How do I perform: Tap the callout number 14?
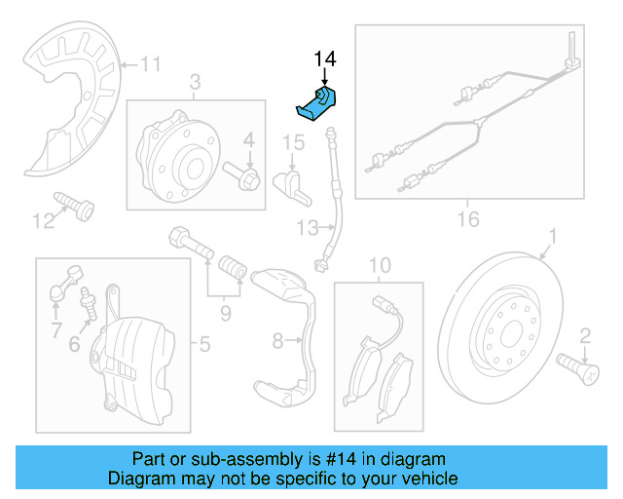click(x=324, y=59)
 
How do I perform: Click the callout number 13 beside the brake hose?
click(x=308, y=228)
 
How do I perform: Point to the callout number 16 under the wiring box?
click(x=468, y=219)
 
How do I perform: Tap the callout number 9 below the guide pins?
click(x=226, y=313)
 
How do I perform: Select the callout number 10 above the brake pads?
click(x=379, y=265)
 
